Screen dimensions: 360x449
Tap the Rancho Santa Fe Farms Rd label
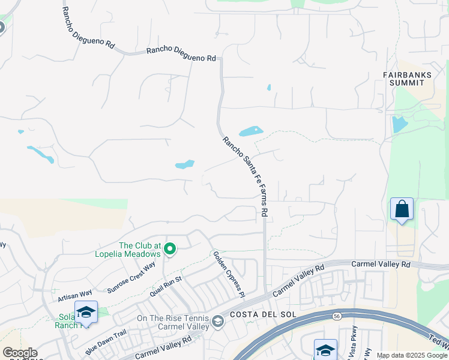pos(245,176)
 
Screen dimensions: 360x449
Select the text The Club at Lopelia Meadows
pos(140,249)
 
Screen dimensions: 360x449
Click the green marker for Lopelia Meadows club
pos(170,248)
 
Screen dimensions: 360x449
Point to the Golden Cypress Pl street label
pos(229,274)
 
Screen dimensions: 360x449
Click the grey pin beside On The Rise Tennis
pos(218,323)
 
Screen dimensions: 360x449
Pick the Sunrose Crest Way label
pos(131,277)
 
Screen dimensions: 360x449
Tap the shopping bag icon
pos(402,210)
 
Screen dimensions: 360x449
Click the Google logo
pos(20,353)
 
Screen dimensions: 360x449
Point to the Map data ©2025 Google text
pos(412,355)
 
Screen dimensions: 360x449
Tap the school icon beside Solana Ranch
pos(86,312)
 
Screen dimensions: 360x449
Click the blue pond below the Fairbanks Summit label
pos(399,124)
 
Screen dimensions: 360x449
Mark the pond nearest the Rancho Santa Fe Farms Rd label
pos(251,131)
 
